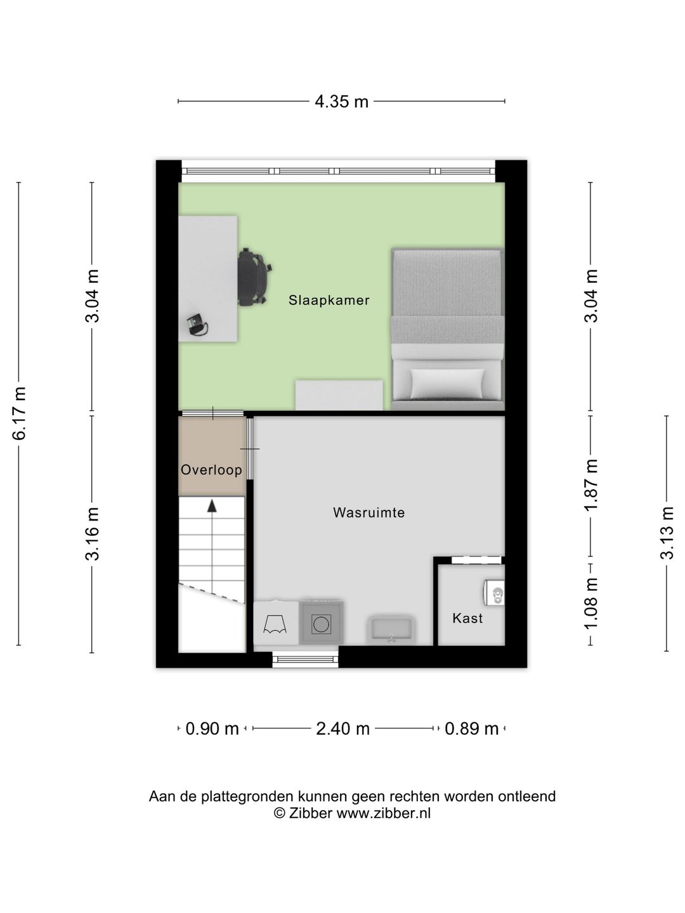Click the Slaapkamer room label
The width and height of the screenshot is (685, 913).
(x=329, y=300)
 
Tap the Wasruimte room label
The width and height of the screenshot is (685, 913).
(x=369, y=512)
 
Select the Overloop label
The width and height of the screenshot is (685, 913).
(x=211, y=470)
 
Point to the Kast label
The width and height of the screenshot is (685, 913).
(x=467, y=618)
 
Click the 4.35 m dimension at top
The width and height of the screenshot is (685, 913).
(x=341, y=101)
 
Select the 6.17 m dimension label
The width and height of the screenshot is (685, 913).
(x=20, y=413)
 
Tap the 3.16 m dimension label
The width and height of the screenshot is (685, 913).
(x=93, y=534)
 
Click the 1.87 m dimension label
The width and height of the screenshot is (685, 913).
(x=591, y=485)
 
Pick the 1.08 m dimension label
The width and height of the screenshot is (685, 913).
(x=591, y=604)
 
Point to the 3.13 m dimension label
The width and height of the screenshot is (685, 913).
(x=667, y=533)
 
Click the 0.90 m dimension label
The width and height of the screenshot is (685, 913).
(x=212, y=729)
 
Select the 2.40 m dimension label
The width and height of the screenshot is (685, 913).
(x=342, y=729)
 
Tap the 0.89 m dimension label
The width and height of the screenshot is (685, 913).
(x=471, y=729)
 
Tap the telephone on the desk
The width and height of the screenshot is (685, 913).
(x=197, y=325)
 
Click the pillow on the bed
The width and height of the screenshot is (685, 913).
(x=447, y=383)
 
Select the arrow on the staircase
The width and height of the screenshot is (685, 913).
(x=212, y=505)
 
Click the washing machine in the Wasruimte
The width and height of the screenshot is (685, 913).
(x=322, y=624)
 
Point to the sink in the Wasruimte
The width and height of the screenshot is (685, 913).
(x=391, y=630)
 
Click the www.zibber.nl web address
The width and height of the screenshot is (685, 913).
(x=383, y=813)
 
